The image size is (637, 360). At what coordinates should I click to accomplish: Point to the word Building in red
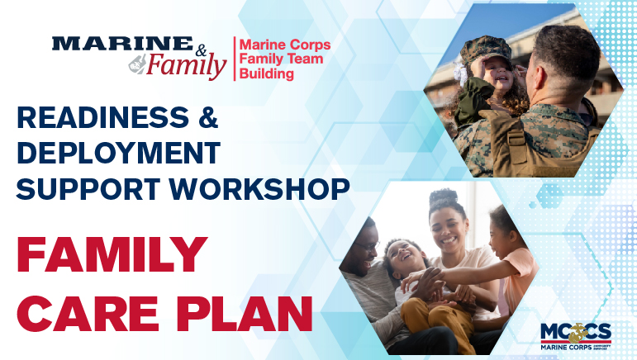tap(267, 74)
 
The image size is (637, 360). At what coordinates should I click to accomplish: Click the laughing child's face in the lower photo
tap(401, 261)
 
